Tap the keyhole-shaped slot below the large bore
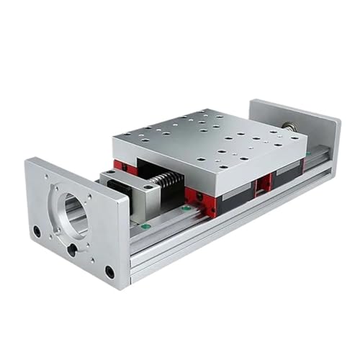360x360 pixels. click(72, 249)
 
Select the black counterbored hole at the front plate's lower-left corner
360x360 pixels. click(37, 232)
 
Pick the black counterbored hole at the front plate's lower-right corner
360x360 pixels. click(109, 272)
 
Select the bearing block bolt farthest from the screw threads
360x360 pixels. click(110, 175)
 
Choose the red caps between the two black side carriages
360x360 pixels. click(265, 182)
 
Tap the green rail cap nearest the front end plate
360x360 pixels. click(145, 226)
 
